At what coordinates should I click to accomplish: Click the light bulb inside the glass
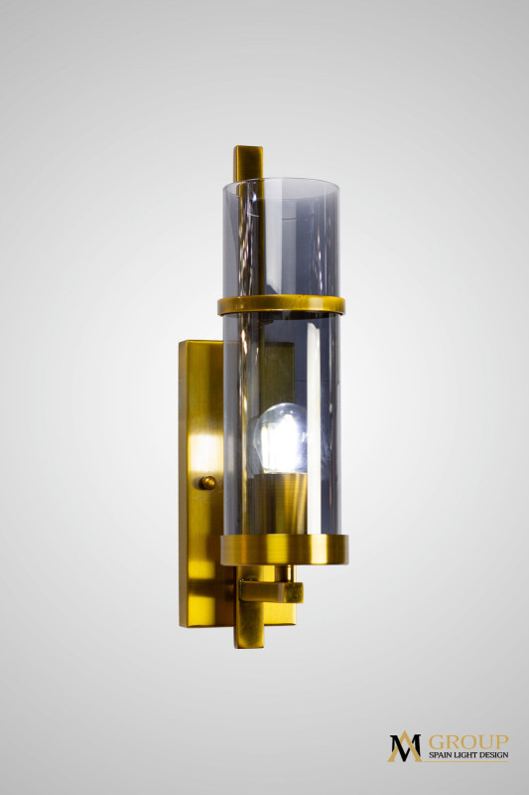pyautogui.click(x=280, y=438)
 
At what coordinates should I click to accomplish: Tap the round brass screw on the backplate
pyautogui.click(x=207, y=482)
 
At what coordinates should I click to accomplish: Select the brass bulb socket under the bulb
pyautogui.click(x=280, y=503)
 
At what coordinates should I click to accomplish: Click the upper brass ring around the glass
pyautogui.click(x=282, y=305)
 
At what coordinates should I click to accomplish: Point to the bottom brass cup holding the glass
pyautogui.click(x=285, y=550)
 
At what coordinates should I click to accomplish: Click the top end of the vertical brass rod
pyautogui.click(x=248, y=148)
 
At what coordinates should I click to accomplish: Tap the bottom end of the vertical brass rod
pyautogui.click(x=249, y=645)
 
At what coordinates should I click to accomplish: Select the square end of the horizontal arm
pyautogui.click(x=293, y=592)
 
